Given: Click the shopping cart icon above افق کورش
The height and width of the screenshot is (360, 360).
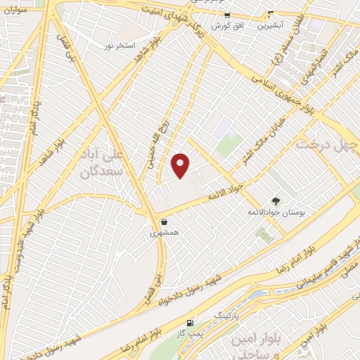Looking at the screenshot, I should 227,15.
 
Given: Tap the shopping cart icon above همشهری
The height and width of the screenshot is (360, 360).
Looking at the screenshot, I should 164,221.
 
